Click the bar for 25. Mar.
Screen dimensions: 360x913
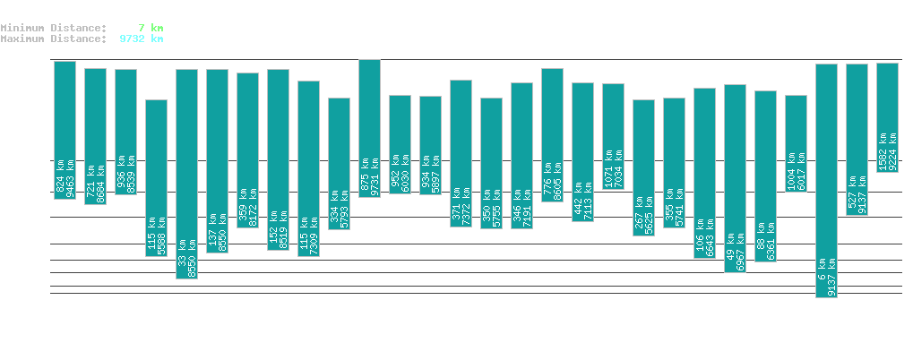click(x=186, y=174)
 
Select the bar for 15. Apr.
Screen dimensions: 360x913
click(x=826, y=180)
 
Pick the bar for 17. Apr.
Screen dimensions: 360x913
click(x=887, y=117)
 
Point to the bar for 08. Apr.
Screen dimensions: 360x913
click(x=613, y=136)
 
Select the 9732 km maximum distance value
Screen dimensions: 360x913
click(x=141, y=39)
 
